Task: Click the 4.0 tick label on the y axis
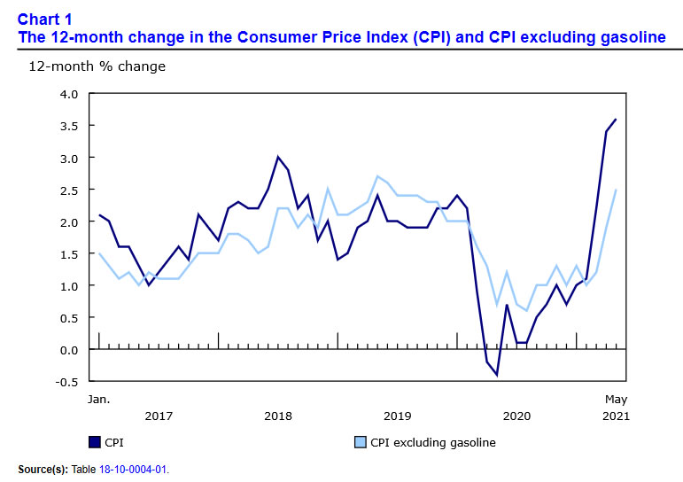click(69, 94)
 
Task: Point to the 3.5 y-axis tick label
click(69, 126)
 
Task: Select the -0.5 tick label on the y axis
click(67, 382)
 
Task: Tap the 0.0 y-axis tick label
click(69, 350)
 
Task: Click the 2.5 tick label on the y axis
click(69, 190)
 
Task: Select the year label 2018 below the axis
click(277, 416)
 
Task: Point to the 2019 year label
click(397, 416)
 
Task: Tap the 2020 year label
click(516, 416)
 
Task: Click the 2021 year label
click(615, 416)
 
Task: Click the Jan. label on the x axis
click(98, 399)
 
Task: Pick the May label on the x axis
click(616, 399)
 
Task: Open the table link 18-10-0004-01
click(138, 469)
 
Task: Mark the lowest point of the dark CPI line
click(497, 375)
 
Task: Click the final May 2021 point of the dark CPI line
click(616, 120)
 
